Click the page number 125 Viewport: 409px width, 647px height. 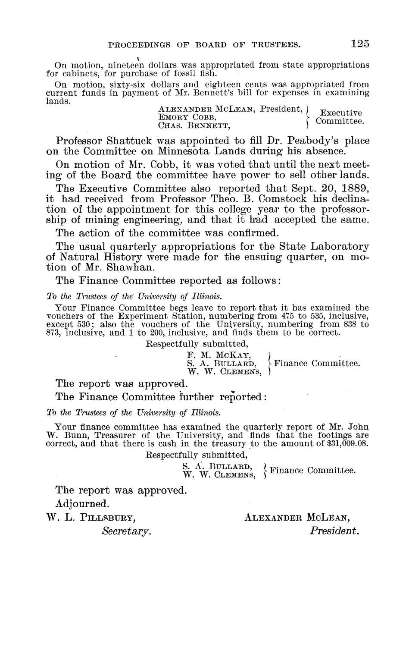click(360, 43)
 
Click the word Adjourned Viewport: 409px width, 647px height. click(81, 503)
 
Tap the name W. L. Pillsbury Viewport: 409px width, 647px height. click(91, 517)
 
